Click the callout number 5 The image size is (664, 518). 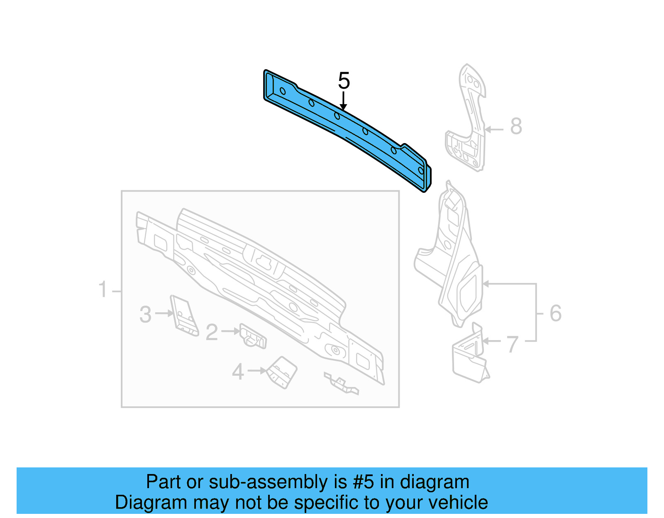point(344,80)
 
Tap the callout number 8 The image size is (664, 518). point(516,126)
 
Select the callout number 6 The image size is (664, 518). point(555,313)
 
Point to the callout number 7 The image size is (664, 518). point(513,344)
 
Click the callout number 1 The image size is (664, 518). point(103,289)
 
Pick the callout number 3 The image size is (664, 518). point(145,314)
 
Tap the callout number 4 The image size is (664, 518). point(238,372)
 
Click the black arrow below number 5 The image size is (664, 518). point(343,102)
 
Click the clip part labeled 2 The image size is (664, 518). point(253,336)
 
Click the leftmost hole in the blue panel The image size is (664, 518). point(283,91)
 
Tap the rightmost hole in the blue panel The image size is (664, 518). point(421,170)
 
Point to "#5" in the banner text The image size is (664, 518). point(364,482)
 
